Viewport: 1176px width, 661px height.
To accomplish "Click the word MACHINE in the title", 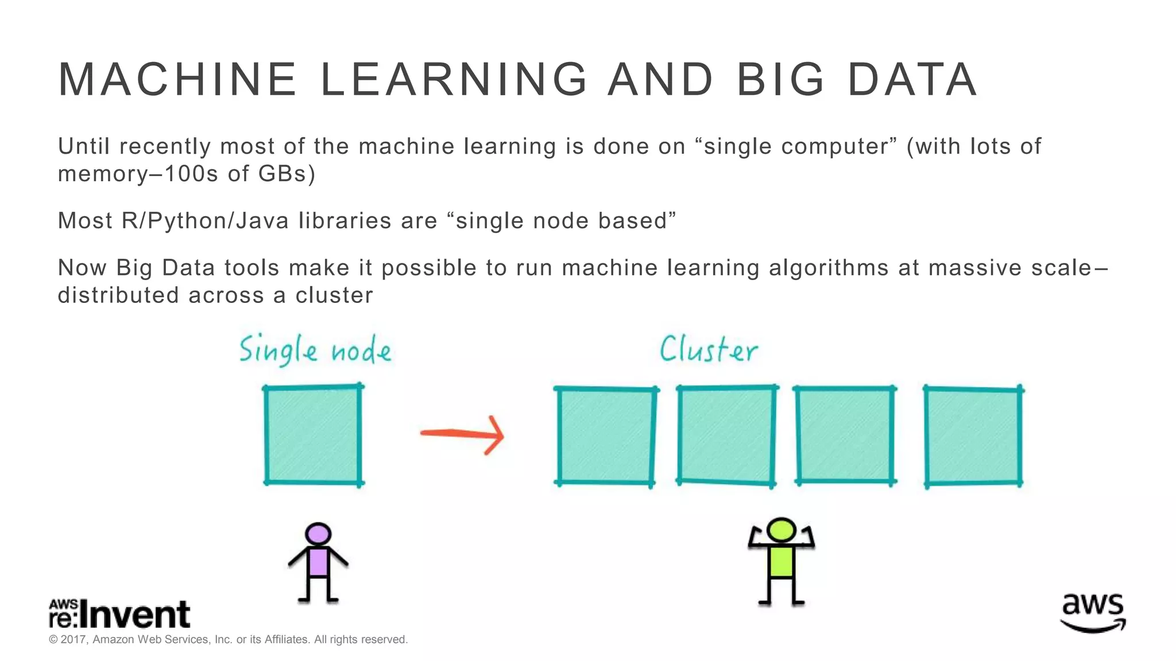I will [177, 80].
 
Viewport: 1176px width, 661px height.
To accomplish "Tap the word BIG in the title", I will [781, 80].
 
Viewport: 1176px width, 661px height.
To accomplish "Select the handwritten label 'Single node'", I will [315, 350].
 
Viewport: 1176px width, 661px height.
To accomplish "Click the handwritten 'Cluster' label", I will [709, 349].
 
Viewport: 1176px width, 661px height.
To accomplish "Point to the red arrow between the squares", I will [463, 434].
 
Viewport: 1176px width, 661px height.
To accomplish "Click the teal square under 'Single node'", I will [314, 435].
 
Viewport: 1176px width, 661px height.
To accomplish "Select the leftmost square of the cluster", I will [606, 436].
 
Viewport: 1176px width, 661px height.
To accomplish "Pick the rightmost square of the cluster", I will [973, 436].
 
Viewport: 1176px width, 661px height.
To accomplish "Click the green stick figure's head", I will [782, 530].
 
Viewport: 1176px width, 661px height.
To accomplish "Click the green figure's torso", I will [782, 562].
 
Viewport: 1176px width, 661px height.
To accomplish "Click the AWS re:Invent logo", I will [119, 614].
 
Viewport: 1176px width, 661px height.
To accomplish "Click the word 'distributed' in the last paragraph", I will [118, 295].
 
